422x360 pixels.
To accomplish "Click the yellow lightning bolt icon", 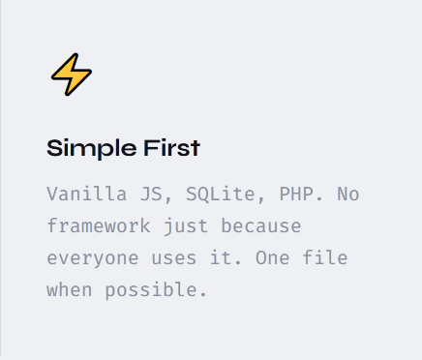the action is coord(72,75).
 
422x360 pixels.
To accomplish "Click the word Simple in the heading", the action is coord(92,149).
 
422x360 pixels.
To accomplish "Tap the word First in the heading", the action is coord(172,148).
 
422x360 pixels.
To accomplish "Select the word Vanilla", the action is coord(87,194).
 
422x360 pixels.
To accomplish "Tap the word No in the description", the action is coord(348,195).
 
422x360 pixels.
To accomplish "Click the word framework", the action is coord(99,225).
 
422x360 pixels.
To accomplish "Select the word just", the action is coord(186,226).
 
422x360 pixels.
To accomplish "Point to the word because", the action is coord(261,225).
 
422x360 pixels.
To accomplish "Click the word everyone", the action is coord(93,258).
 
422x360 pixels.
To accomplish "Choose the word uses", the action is coord(174,258).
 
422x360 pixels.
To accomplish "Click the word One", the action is coord(273,257).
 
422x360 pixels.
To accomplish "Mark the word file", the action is coord(325,257).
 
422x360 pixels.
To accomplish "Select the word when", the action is coord(70,289).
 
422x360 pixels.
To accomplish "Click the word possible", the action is coord(156,290).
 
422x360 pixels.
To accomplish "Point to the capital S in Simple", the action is coord(54,148).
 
